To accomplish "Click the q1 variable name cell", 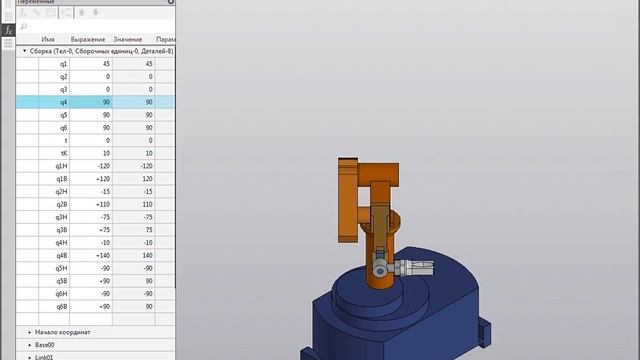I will pyautogui.click(x=63, y=63).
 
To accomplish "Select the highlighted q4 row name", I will pyautogui.click(x=63, y=102).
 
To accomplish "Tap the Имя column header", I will pyautogui.click(x=48, y=38).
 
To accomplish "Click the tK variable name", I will pyautogui.click(x=63, y=153).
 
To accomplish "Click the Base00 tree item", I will pyautogui.click(x=46, y=344).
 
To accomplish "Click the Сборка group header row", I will pyautogui.click(x=90, y=50).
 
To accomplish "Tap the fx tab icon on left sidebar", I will pyautogui.click(x=7, y=31).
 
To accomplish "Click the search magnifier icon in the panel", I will pyautogui.click(x=23, y=26).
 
